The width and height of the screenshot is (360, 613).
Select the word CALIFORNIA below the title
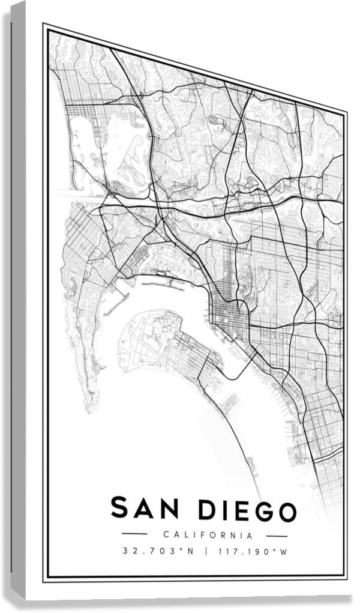(208, 535)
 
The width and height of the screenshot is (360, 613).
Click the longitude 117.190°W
(254, 551)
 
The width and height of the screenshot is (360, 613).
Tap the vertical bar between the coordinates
(205, 551)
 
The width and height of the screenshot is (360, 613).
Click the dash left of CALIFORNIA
(134, 533)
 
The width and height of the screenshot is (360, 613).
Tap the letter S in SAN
(119, 508)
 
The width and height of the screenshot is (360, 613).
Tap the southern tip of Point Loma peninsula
(91, 409)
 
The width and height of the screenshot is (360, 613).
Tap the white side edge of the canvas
(18, 300)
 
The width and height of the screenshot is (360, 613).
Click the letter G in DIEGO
(260, 511)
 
